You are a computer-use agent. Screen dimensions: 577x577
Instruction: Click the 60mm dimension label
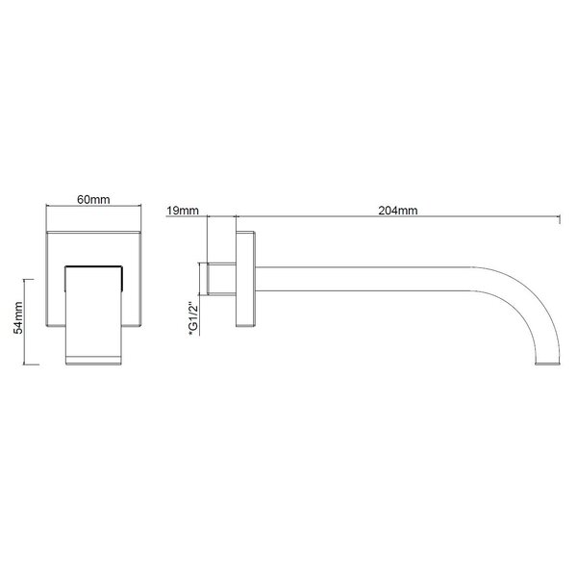(93, 199)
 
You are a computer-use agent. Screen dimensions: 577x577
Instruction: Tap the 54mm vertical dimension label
(18, 318)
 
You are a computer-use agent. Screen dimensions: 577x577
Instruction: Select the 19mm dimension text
(183, 211)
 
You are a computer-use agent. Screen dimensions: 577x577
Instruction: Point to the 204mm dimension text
(398, 211)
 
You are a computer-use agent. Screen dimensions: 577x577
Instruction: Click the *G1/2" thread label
(193, 318)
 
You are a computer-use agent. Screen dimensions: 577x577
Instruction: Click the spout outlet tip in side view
(547, 363)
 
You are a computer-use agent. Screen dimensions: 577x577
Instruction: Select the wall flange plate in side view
(245, 279)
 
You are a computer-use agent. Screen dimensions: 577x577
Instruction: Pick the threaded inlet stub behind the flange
(221, 279)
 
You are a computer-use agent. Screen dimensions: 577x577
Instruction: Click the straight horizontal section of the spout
(364, 279)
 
